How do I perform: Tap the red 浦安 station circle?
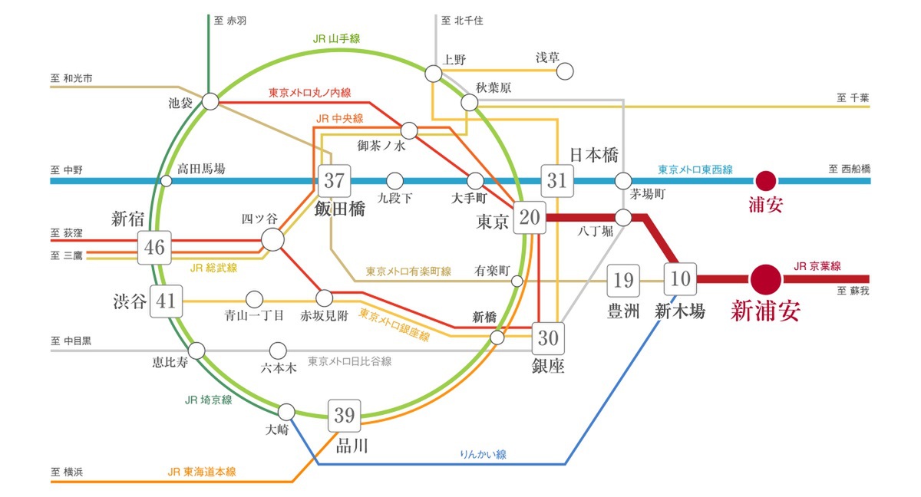[765, 181]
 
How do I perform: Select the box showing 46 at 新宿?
[154, 248]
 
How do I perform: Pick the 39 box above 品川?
[344, 416]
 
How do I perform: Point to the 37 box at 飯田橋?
[334, 181]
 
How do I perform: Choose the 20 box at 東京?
[529, 218]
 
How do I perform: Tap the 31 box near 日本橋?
[556, 181]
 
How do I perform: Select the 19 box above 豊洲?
[623, 281]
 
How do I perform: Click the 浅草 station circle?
[565, 71]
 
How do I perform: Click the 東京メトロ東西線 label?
[695, 169]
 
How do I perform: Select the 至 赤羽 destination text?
[230, 21]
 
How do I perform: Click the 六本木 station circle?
[278, 351]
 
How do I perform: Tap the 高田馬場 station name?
[201, 169]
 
